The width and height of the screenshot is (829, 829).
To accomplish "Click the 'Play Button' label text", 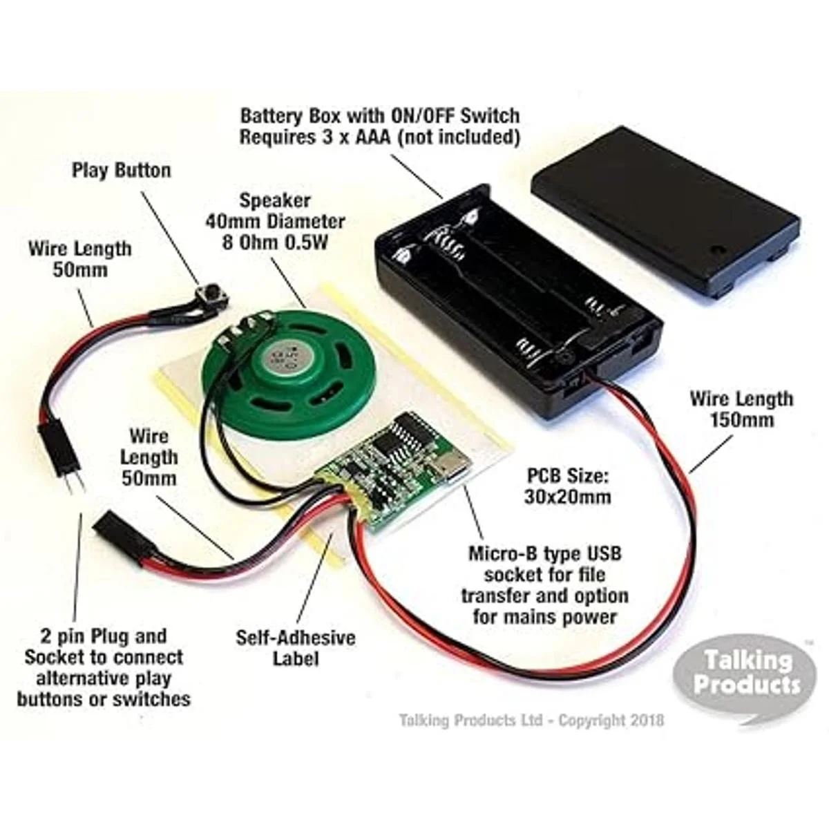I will click(122, 171).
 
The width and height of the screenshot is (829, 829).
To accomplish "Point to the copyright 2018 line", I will click(532, 721).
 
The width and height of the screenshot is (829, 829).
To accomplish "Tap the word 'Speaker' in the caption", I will click(274, 200).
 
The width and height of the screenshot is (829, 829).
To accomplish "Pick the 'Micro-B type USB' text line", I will click(544, 553).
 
